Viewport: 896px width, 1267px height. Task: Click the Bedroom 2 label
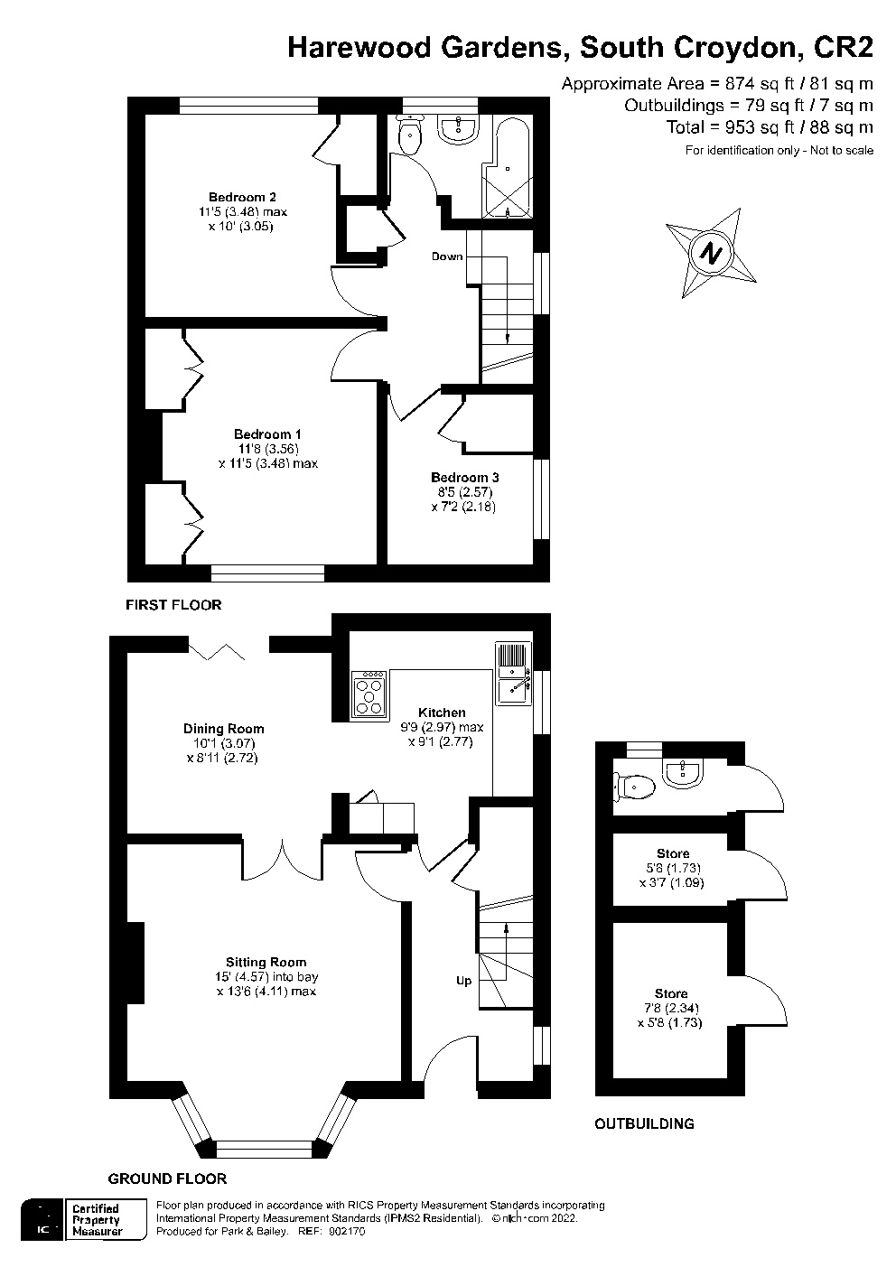point(242,197)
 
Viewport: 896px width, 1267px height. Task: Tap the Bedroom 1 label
point(267,434)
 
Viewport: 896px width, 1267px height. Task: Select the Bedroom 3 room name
point(464,478)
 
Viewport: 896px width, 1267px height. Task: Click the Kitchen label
point(442,713)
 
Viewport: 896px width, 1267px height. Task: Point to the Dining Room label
point(223,729)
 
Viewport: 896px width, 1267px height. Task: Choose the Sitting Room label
point(266,963)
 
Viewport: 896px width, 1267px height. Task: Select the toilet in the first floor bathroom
point(410,135)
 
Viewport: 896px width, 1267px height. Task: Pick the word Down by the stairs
point(447,256)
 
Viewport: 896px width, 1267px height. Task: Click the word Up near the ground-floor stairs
point(463,981)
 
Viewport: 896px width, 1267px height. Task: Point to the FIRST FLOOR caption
point(173,605)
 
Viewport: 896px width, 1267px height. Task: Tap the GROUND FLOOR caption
point(167,1178)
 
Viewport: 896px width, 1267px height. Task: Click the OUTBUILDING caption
point(644,1124)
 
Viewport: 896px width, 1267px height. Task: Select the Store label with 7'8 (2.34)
point(671,993)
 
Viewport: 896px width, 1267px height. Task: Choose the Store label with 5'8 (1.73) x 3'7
point(673,853)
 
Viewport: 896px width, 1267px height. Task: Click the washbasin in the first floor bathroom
point(459,129)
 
